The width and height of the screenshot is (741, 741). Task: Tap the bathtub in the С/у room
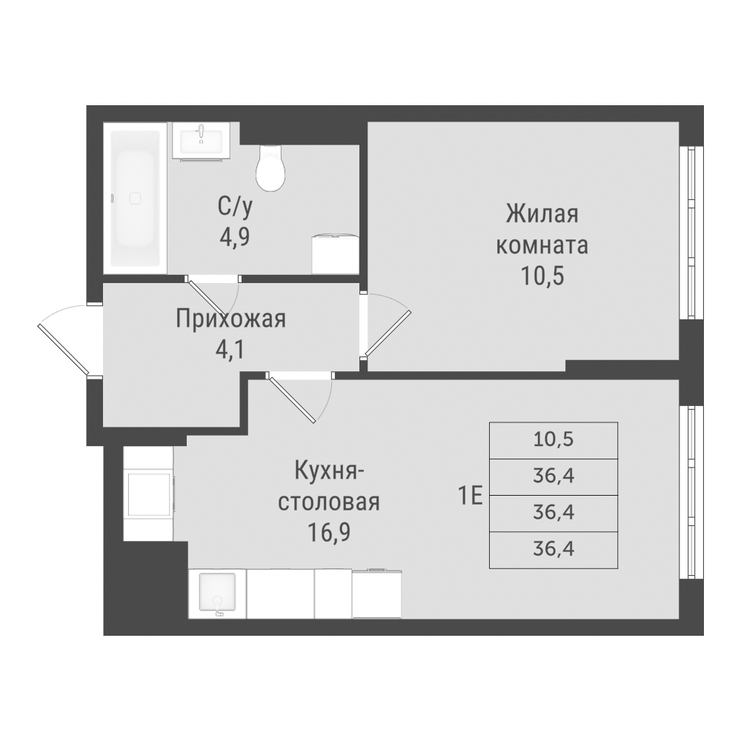coord(135,198)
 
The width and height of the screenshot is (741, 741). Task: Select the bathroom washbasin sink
coord(202,140)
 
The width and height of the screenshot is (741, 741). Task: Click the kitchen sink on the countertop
coord(217,594)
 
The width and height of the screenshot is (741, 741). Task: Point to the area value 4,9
coord(234,237)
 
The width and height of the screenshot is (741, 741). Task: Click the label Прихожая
coord(230,319)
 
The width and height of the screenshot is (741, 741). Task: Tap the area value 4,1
coord(231,350)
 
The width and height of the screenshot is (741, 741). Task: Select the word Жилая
coord(542,213)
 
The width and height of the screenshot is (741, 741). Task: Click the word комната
coord(542,246)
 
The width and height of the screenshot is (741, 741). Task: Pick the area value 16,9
coord(329,533)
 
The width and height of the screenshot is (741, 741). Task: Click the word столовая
coord(329,502)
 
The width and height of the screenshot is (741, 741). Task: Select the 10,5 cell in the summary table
coord(554,440)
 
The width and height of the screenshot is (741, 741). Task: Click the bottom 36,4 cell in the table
coord(554,550)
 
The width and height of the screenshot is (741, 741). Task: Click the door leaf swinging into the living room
coord(388,333)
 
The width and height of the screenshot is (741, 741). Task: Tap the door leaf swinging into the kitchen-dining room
coord(290,398)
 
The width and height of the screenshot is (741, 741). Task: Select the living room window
coord(691,233)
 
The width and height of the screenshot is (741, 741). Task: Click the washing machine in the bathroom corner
coord(335,254)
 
